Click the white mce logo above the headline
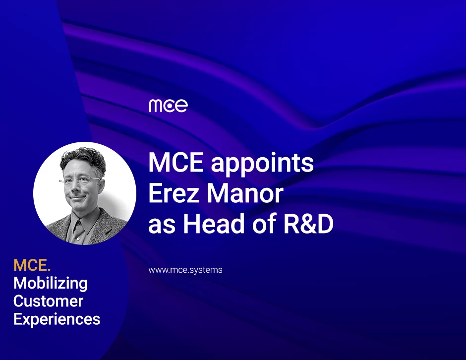pyautogui.click(x=168, y=106)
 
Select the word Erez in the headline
pyautogui.click(x=174, y=193)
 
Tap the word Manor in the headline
pyautogui.click(x=245, y=193)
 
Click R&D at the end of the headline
pyautogui.click(x=308, y=224)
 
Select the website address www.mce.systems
pyautogui.click(x=185, y=270)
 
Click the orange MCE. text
pyautogui.click(x=32, y=265)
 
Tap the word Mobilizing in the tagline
pyautogui.click(x=51, y=283)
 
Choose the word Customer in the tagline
pyautogui.click(x=48, y=301)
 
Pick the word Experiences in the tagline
pyautogui.click(x=57, y=319)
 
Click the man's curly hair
pyautogui.click(x=83, y=160)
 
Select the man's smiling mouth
pyautogui.click(x=76, y=197)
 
